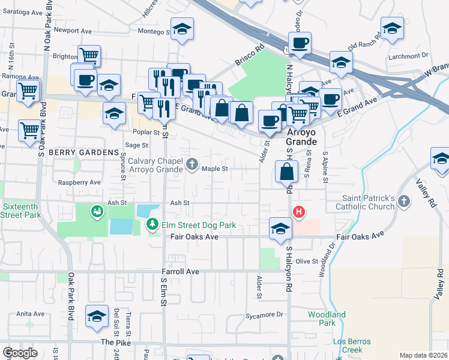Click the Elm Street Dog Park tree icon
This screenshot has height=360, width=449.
click(x=153, y=224)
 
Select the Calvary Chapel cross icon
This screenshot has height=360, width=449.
click(x=192, y=163)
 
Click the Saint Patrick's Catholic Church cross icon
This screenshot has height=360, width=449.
click(x=404, y=201)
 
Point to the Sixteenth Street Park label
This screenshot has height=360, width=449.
click(x=22, y=210)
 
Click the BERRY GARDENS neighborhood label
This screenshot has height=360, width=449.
click(x=83, y=152)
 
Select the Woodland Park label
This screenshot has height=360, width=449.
click(x=327, y=319)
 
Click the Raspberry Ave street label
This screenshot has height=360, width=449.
click(x=79, y=182)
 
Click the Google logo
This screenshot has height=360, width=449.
click(x=20, y=353)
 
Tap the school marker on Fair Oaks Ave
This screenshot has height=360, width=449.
click(x=280, y=229)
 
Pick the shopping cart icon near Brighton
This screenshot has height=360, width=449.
click(x=89, y=56)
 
